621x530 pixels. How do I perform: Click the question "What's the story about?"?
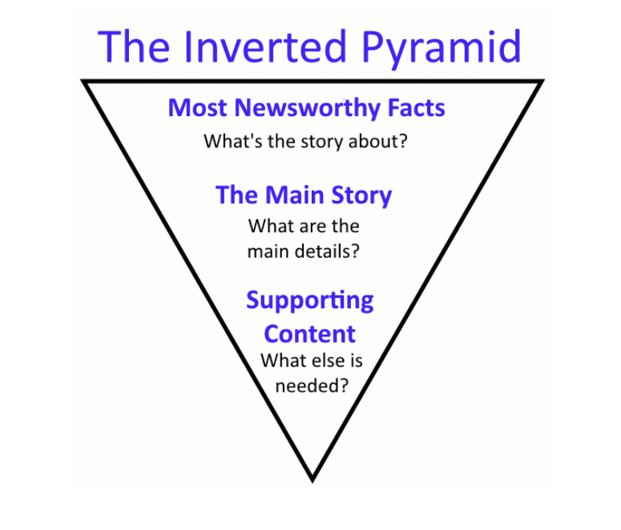point(305,143)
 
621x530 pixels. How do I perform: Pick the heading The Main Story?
point(304,195)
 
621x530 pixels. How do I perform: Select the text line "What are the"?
point(304,226)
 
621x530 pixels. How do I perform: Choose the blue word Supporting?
point(309,301)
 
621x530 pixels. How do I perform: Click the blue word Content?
point(309,333)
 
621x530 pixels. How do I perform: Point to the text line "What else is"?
point(311,360)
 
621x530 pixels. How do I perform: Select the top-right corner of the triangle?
point(542,81)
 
